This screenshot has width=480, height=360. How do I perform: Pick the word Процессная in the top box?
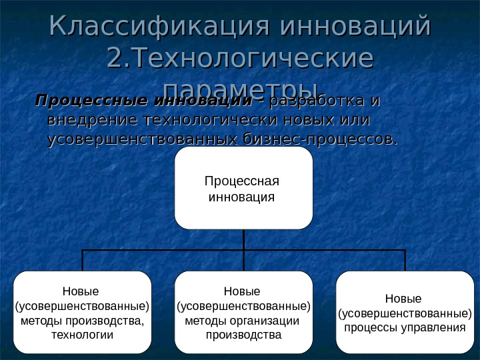(241, 181)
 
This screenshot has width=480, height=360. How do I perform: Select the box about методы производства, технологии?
(82, 312)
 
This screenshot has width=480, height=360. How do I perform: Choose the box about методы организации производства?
(243, 312)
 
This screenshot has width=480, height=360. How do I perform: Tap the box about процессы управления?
(403, 312)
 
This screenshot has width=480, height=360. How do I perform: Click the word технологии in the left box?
(82, 334)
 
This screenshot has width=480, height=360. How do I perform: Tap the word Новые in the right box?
(403, 299)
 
